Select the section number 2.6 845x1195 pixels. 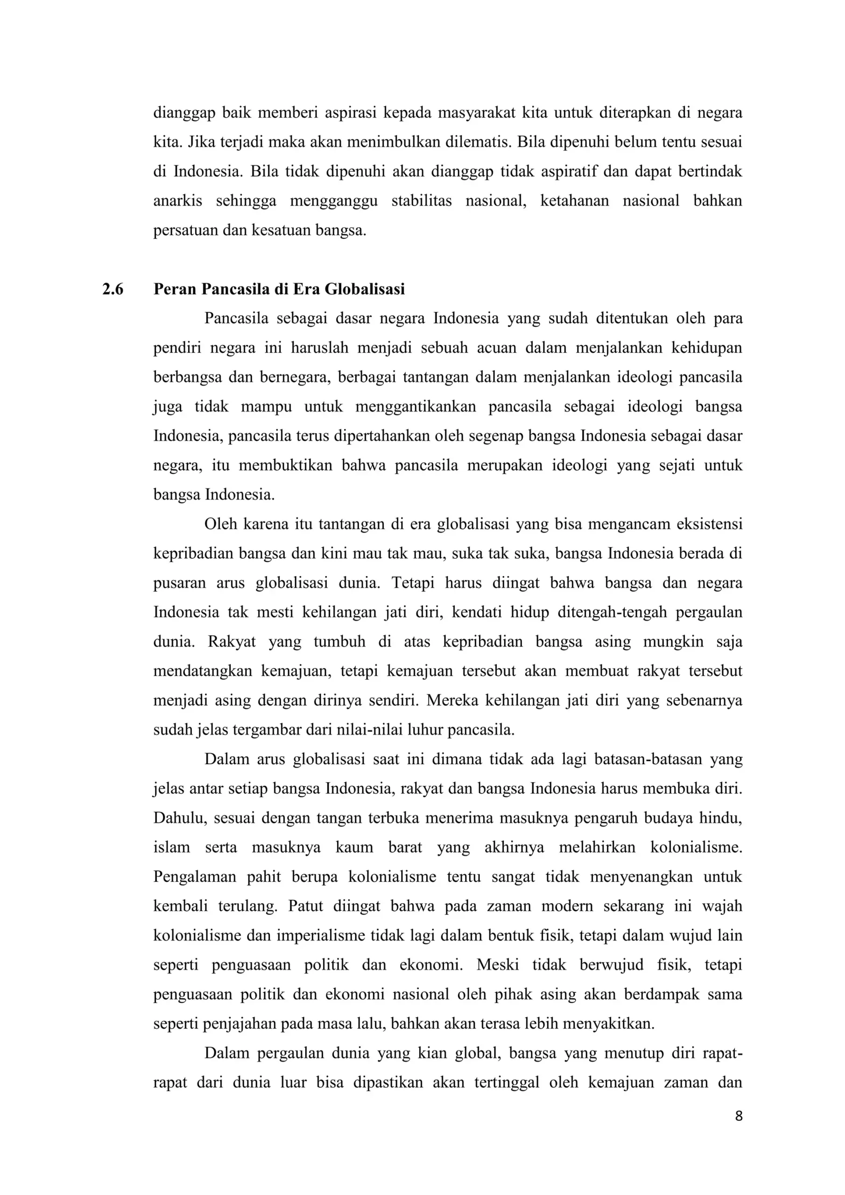pyautogui.click(x=113, y=289)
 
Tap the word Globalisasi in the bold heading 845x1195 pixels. pyautogui.click(x=365, y=289)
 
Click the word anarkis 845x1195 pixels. pyautogui.click(x=177, y=201)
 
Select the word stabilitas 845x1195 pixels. pyautogui.click(x=421, y=201)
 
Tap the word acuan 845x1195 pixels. pyautogui.click(x=496, y=348)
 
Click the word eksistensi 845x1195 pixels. pyautogui.click(x=709, y=524)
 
